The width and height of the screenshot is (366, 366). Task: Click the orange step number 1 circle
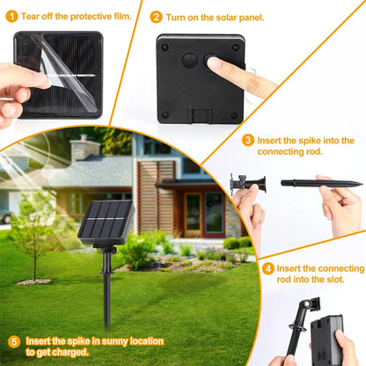[11, 16]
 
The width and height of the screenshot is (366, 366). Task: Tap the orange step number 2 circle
[157, 17]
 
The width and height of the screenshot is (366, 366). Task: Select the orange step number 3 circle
[249, 140]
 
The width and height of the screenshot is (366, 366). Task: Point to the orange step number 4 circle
[268, 267]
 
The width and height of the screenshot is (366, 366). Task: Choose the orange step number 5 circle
[14, 341]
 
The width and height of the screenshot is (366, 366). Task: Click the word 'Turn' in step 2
[179, 17]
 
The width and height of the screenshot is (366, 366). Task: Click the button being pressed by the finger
[212, 61]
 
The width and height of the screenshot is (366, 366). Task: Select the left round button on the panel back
[188, 61]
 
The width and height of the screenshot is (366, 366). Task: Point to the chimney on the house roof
[84, 147]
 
